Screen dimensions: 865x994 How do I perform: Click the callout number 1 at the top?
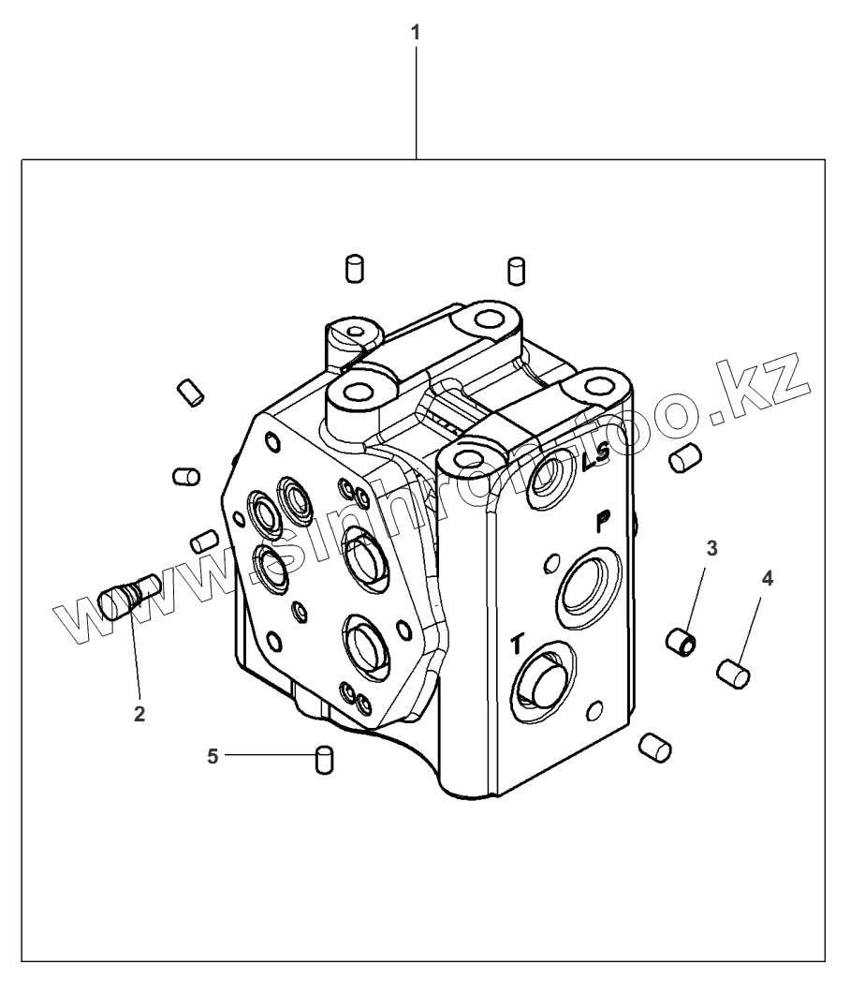[x=416, y=31]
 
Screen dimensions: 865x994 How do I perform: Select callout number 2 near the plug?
[x=139, y=714]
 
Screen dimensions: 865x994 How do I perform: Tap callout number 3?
[x=711, y=548]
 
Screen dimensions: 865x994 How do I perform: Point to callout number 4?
[x=768, y=579]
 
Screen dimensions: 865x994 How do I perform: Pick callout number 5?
[x=213, y=755]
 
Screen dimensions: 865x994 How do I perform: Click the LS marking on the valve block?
[x=595, y=458]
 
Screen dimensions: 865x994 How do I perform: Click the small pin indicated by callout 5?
[x=325, y=759]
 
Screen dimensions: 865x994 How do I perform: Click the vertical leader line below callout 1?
[x=416, y=103]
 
